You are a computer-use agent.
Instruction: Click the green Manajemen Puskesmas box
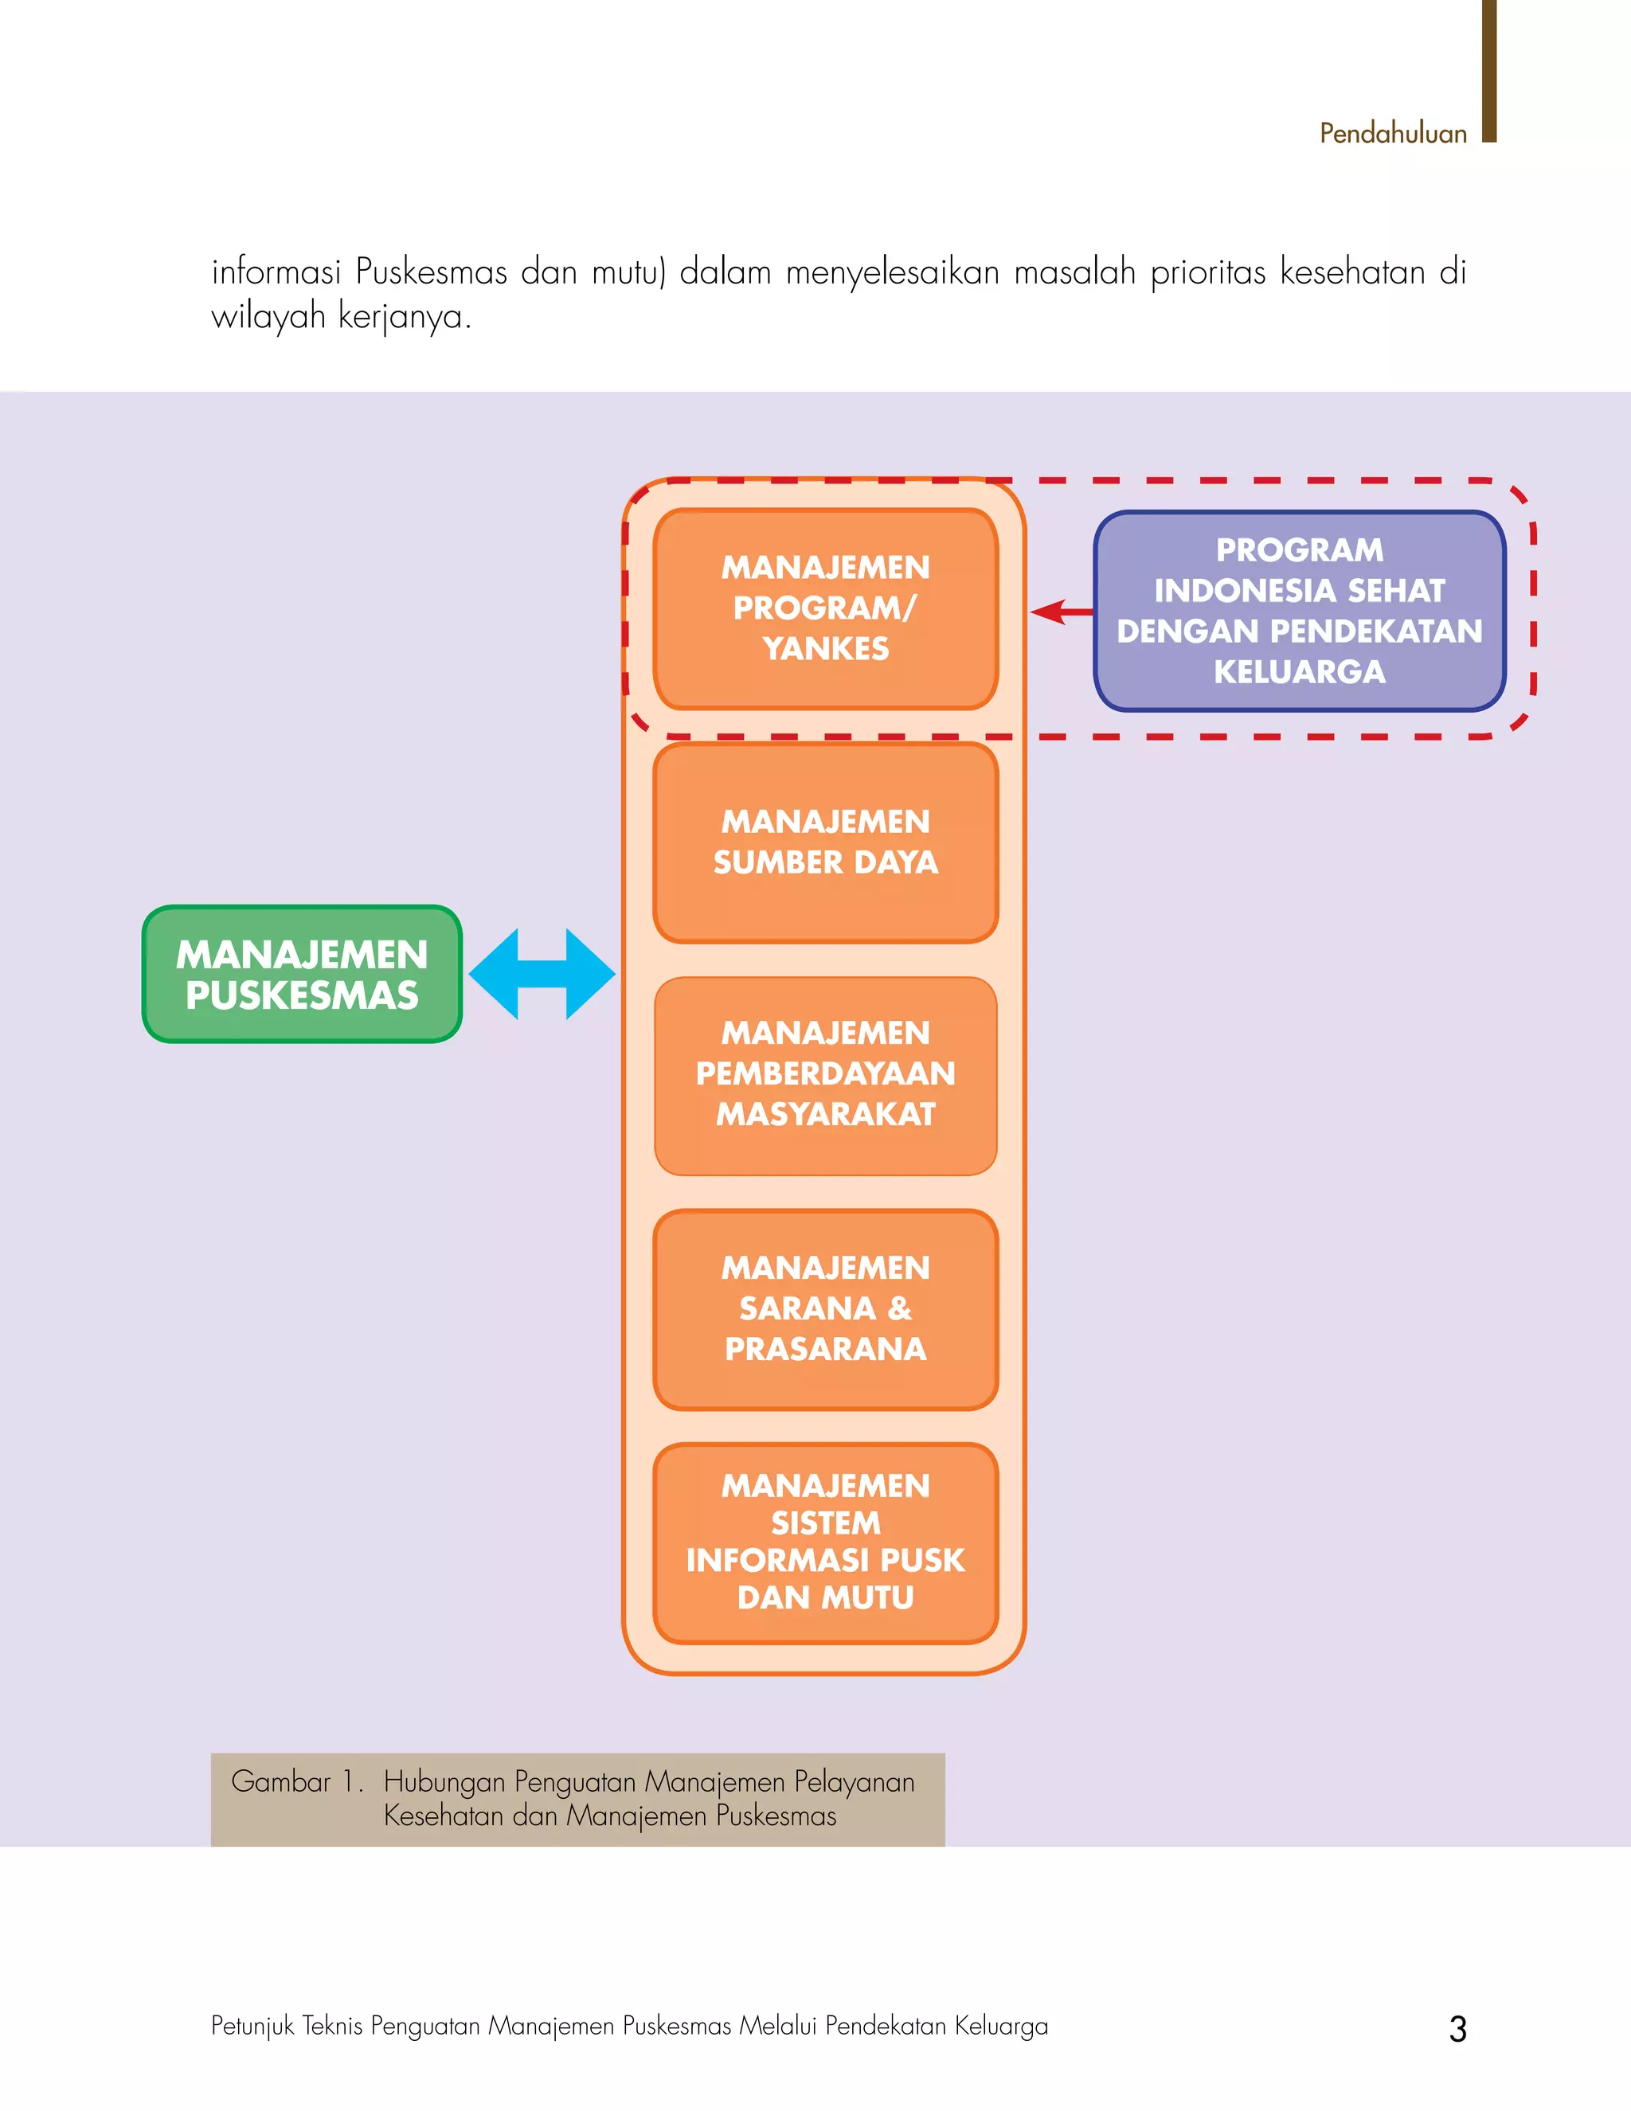(302, 975)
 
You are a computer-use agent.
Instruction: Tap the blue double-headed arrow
(542, 975)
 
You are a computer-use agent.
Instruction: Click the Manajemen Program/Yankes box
(825, 609)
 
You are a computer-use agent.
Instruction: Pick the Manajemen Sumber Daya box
(825, 842)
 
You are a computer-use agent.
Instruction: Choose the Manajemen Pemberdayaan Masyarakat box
(825, 1075)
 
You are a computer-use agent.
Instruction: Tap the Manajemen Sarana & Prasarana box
(825, 1309)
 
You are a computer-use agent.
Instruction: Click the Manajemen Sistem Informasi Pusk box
(825, 1542)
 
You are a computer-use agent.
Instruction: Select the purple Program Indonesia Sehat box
(1300, 611)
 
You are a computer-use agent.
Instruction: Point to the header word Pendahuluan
(1393, 134)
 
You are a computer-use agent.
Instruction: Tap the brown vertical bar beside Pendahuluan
(1489, 72)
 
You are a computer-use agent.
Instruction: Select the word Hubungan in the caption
(444, 1781)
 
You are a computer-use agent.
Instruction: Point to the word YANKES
(825, 648)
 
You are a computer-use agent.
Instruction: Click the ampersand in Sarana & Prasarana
(899, 1309)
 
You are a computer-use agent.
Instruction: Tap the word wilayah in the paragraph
(268, 316)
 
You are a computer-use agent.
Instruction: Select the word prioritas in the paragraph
(1207, 272)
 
